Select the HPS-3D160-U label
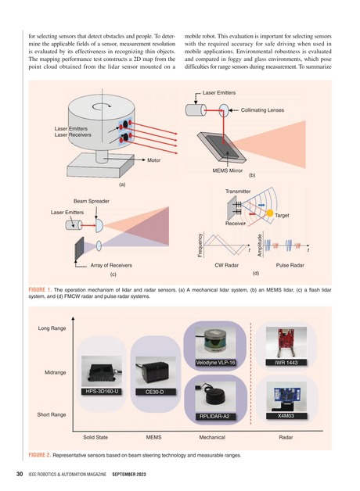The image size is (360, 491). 101,390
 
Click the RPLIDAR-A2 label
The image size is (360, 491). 214,416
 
